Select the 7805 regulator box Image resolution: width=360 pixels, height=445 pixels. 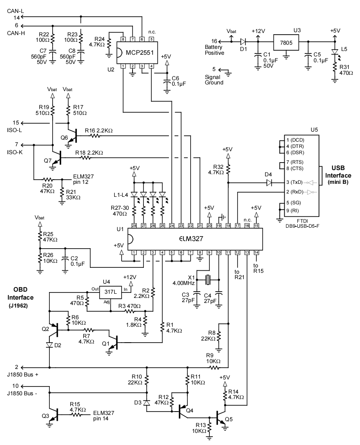tap(286, 42)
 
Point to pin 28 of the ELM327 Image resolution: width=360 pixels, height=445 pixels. tap(134, 226)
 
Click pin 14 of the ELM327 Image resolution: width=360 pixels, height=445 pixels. tap(256, 252)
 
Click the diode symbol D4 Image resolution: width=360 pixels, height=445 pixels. tap(269, 182)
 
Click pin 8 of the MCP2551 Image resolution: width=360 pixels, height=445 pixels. tap(123, 39)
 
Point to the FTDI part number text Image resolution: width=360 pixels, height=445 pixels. tap(303, 224)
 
